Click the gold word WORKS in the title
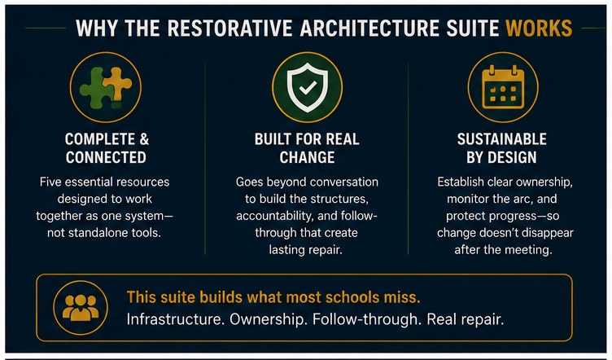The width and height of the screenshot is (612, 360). tap(539, 29)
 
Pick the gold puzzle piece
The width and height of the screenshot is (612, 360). tap(118, 84)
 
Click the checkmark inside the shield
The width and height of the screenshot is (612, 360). tap(308, 88)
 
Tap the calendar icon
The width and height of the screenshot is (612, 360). tap(503, 87)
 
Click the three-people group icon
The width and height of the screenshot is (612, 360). tap(81, 308)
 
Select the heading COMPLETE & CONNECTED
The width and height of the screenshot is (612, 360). tap(106, 148)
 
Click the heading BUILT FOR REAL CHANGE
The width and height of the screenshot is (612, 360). tap(307, 148)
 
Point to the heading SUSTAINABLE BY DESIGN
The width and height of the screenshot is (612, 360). tap(501, 148)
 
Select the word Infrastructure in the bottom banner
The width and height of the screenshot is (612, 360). tap(175, 319)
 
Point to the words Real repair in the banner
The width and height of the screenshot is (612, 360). tap(466, 320)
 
